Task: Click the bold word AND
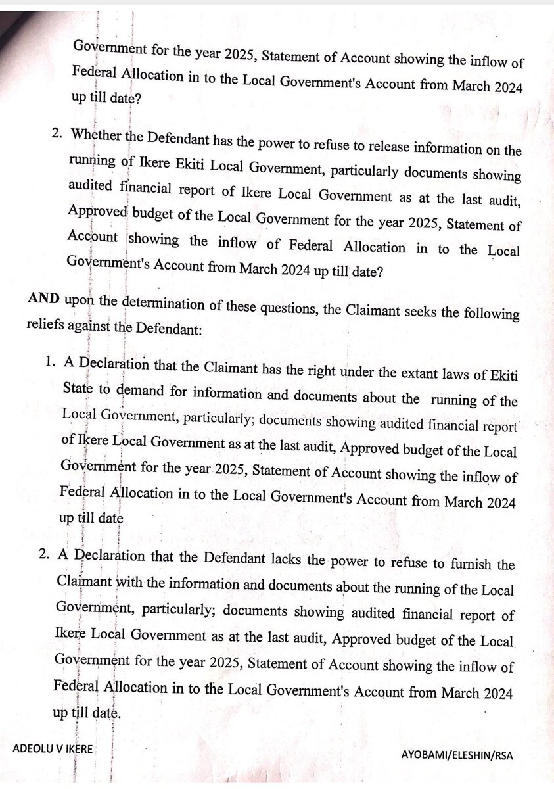43,299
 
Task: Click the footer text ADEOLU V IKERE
53,749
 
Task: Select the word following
488,314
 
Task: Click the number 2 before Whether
56,133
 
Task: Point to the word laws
429,375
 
